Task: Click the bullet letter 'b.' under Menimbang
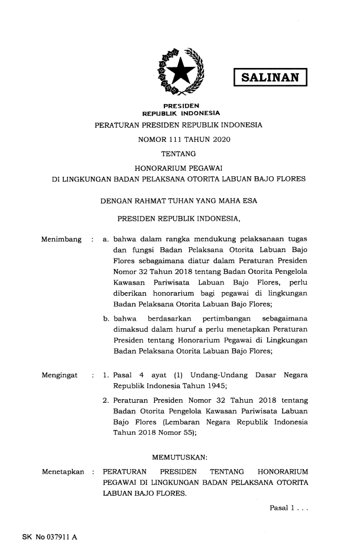(x=106, y=320)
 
